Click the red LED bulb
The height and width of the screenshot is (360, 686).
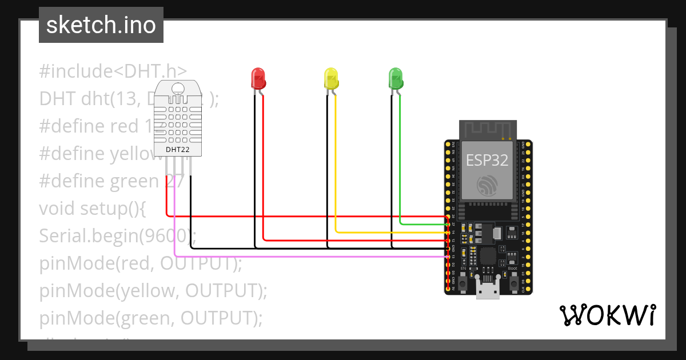(x=258, y=78)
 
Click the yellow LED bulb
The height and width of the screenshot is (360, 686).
(x=331, y=78)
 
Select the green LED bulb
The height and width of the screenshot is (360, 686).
(x=396, y=77)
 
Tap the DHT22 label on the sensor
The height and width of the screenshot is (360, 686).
(x=178, y=150)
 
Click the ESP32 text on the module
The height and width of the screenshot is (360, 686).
(x=487, y=160)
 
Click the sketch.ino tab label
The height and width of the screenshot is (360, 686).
(x=101, y=25)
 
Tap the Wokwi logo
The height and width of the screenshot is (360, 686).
(x=607, y=315)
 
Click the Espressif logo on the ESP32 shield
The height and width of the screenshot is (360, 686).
(x=487, y=185)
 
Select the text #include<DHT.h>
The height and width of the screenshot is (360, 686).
(x=113, y=71)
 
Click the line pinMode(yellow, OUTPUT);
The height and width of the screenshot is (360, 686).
(x=153, y=291)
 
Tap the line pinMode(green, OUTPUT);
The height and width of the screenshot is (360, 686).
(x=151, y=318)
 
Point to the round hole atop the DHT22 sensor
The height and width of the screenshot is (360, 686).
(x=178, y=89)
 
